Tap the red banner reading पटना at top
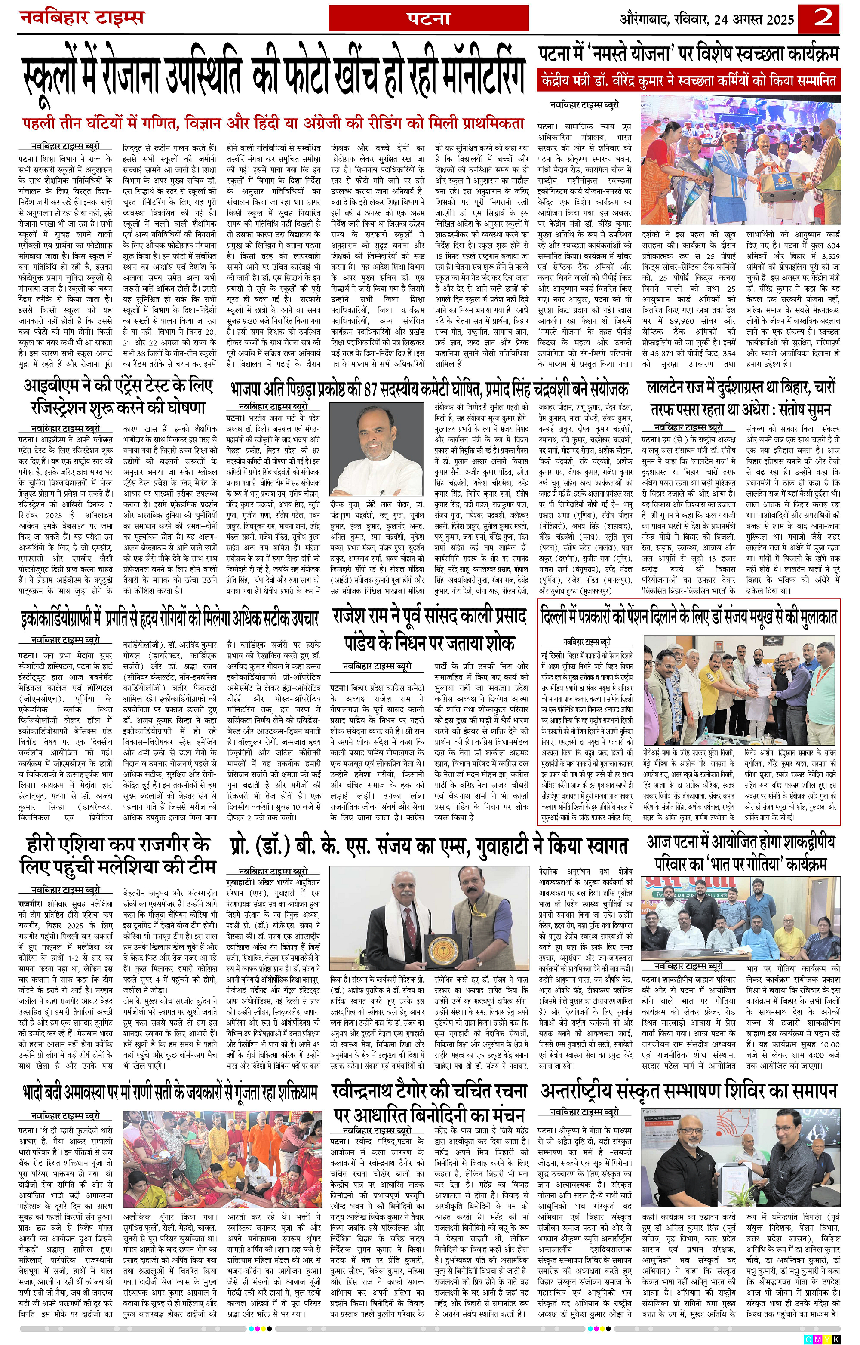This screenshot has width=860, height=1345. coord(429,18)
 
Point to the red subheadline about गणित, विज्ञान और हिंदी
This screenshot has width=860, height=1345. coord(273,123)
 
